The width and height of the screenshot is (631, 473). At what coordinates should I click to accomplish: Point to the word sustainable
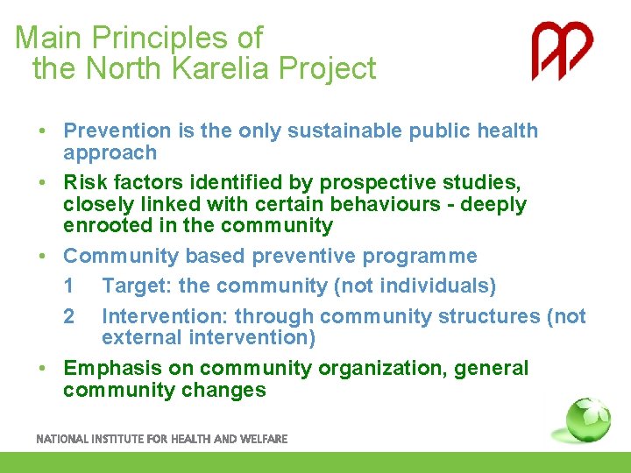(348, 131)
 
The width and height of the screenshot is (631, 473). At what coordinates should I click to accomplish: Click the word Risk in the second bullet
(84, 182)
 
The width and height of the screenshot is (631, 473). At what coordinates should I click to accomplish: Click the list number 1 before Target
(69, 286)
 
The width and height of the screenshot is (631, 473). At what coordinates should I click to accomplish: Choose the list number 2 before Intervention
(69, 316)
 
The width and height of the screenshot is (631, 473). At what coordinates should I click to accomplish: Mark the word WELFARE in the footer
(265, 439)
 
